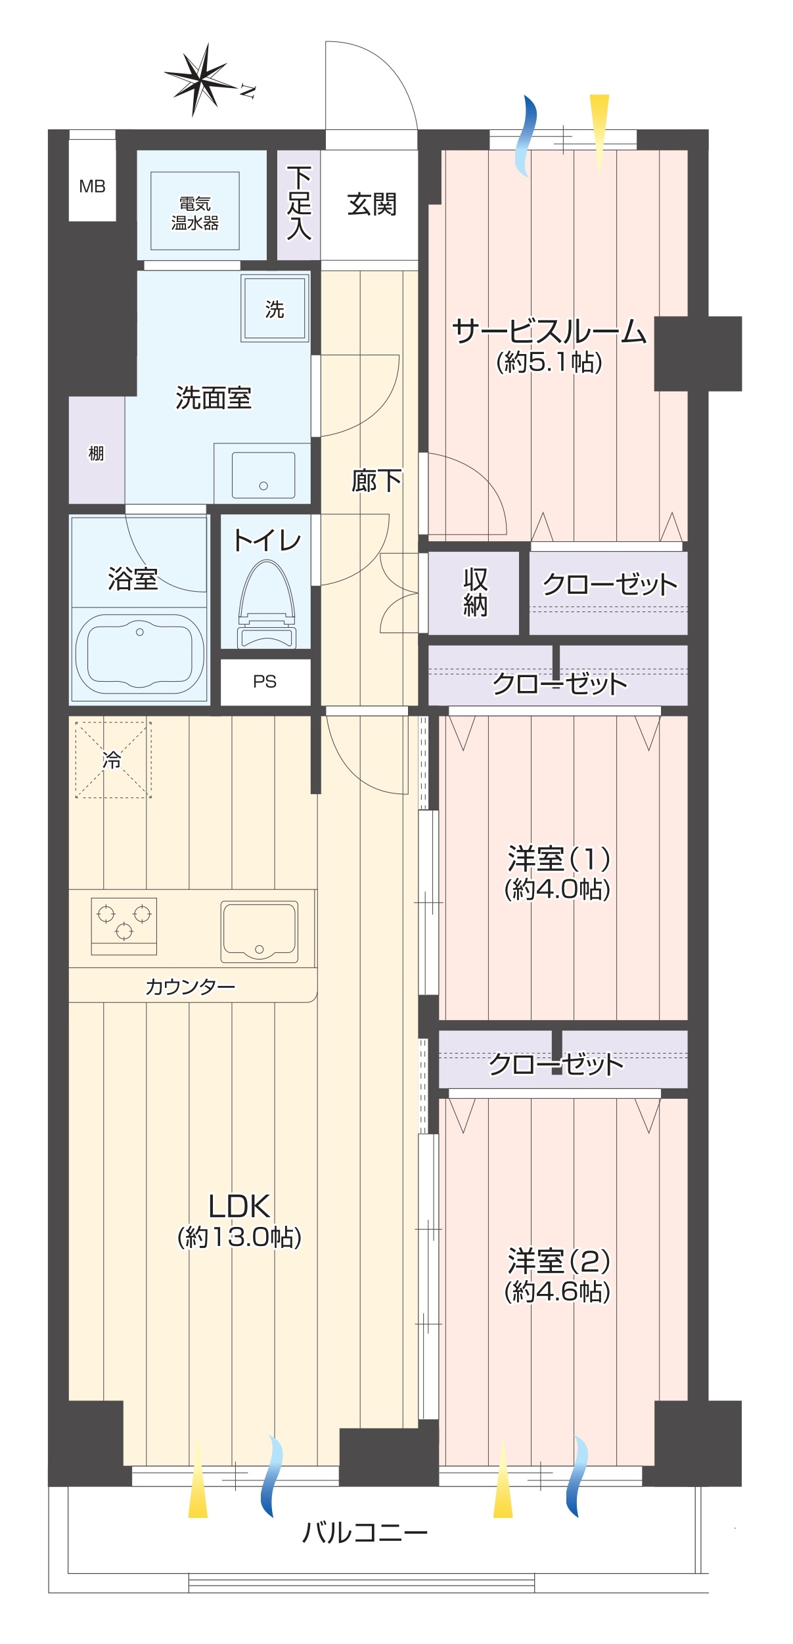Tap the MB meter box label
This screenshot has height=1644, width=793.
[x=92, y=187]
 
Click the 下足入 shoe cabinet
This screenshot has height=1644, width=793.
[x=298, y=204]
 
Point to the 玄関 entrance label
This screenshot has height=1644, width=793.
[x=372, y=205]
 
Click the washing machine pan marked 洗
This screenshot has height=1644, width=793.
[x=275, y=309]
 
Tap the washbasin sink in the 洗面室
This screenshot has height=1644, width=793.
[x=263, y=475]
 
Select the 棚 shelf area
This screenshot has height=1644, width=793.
[x=97, y=453]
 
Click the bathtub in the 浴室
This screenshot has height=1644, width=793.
[x=139, y=652]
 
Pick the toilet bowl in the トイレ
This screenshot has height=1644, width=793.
[x=266, y=601]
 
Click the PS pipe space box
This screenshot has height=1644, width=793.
[x=265, y=682]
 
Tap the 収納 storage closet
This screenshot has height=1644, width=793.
[x=475, y=592]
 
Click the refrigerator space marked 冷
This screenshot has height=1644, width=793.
[x=113, y=760]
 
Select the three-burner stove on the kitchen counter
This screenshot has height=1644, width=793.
[x=124, y=925]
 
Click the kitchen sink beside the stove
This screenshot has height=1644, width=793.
[x=259, y=931]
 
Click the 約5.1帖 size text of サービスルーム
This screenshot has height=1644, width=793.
[x=549, y=362]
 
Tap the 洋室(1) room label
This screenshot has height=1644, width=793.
[x=558, y=858]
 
